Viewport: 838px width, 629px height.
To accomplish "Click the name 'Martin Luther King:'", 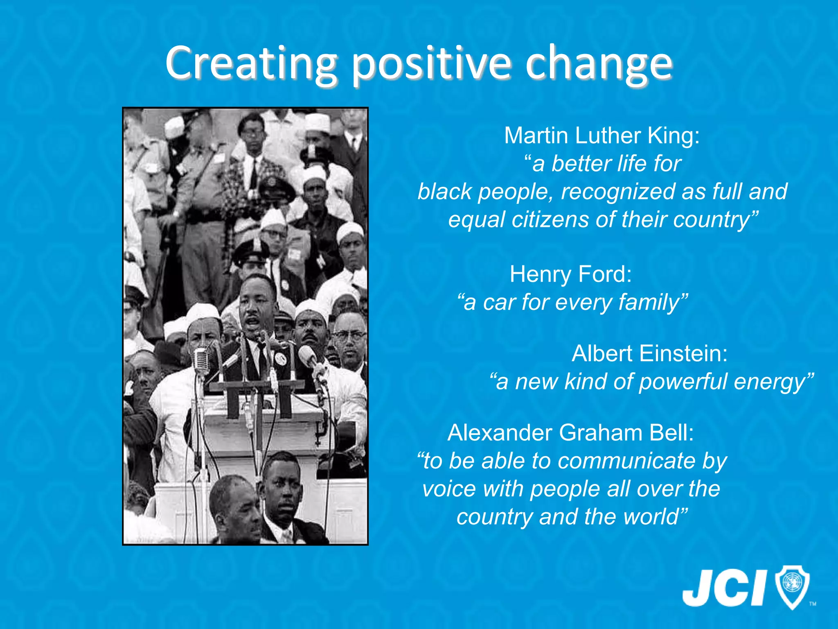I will (x=602, y=136).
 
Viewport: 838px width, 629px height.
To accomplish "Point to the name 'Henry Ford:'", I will (x=570, y=274).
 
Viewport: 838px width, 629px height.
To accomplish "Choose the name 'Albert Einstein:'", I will (x=649, y=353).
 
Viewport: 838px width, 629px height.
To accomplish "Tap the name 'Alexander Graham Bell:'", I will (x=570, y=433).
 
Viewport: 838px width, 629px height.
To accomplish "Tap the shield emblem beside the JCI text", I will (x=792, y=586).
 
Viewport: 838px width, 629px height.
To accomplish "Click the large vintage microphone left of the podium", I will (x=201, y=360).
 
